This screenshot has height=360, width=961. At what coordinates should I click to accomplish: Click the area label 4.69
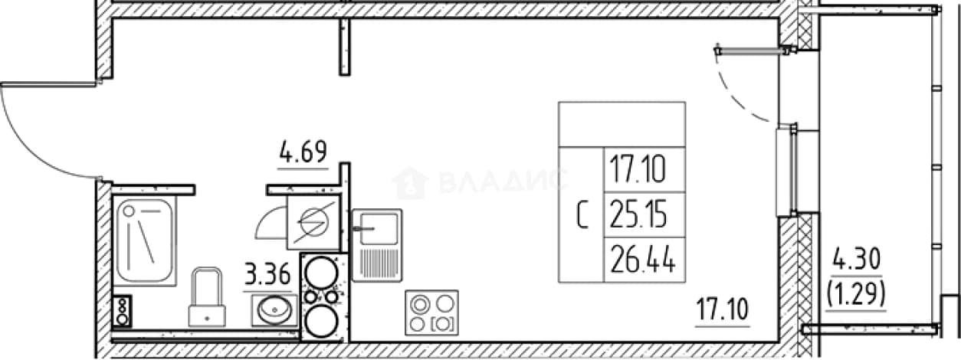coord(303,152)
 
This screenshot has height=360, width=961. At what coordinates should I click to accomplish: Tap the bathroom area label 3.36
coord(267,274)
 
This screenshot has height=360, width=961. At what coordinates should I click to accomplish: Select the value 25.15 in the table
coord(638,214)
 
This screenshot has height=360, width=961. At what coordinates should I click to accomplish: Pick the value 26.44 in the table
coord(643,260)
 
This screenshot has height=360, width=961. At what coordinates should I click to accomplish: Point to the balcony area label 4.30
coord(856,260)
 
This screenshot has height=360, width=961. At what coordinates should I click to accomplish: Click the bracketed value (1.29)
coord(856,295)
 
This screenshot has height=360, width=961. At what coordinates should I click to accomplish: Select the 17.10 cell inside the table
coord(638,169)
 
